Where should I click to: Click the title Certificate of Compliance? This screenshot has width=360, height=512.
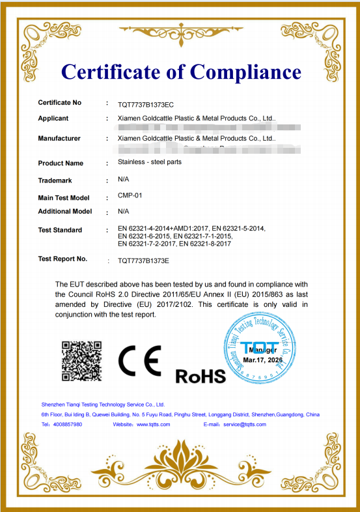(x=180, y=72)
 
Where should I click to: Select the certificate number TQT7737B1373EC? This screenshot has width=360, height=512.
(x=146, y=104)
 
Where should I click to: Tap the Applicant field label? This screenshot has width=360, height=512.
(x=53, y=119)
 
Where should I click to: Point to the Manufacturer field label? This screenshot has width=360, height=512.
(x=59, y=138)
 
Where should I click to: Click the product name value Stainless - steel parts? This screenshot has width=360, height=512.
(x=150, y=162)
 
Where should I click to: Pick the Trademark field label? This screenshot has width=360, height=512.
(x=55, y=180)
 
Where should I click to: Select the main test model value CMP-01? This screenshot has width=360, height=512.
(x=130, y=196)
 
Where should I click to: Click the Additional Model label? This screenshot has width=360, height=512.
(x=65, y=211)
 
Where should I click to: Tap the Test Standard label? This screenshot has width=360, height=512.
(x=60, y=230)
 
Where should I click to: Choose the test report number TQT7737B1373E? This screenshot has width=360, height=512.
(x=143, y=261)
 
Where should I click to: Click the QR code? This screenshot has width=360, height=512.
(x=81, y=360)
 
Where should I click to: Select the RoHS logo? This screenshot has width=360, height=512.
(x=201, y=376)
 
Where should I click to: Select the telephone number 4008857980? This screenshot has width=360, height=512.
(x=68, y=424)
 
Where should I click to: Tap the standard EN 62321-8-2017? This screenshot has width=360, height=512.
(x=206, y=244)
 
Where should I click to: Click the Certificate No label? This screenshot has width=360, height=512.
(x=59, y=103)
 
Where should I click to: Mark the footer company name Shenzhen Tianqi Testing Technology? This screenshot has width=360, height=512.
(x=103, y=405)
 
